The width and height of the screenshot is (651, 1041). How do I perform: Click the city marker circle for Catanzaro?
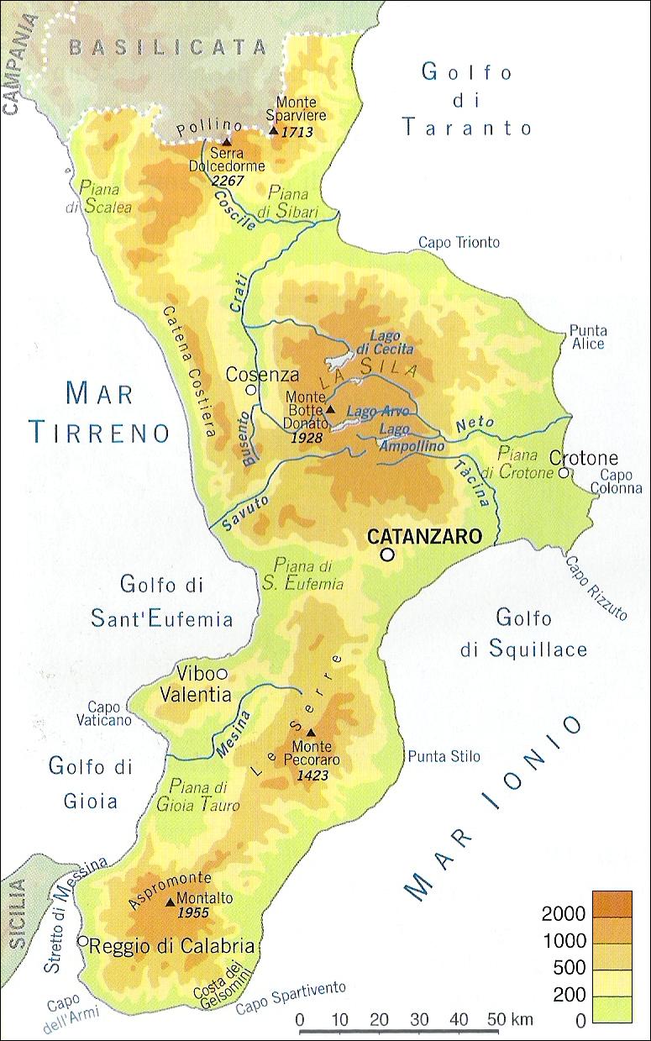click(x=386, y=555)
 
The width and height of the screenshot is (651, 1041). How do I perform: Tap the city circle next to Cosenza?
click(x=249, y=390)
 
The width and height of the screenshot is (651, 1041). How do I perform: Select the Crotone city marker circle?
click(x=564, y=473)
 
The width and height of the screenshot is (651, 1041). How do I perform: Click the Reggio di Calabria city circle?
click(x=82, y=941)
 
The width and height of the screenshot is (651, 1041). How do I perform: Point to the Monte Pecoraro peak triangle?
click(x=310, y=731)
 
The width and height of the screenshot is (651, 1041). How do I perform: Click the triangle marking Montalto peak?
click(x=171, y=902)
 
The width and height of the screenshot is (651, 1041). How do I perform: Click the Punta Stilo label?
click(x=444, y=757)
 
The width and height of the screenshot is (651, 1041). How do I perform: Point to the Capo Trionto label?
click(x=459, y=243)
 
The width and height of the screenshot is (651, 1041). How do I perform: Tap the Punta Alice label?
click(x=588, y=337)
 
